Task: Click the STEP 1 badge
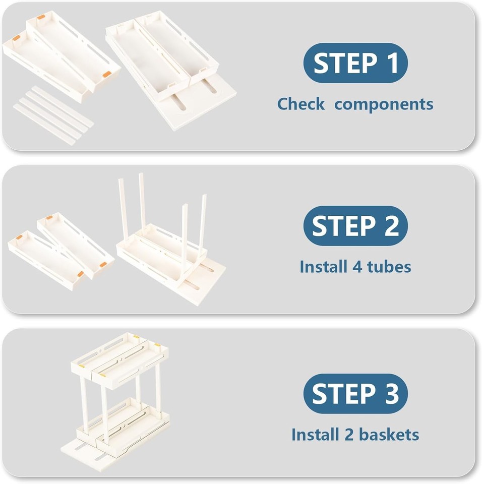click(355, 63)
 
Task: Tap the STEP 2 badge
click(355, 226)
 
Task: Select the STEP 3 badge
click(355, 394)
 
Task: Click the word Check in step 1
click(301, 104)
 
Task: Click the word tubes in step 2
click(389, 266)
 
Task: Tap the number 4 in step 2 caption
click(357, 267)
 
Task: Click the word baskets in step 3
click(389, 434)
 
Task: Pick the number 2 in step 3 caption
click(349, 435)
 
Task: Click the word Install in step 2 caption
click(323, 266)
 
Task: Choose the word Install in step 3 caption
click(315, 434)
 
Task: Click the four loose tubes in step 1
click(53, 115)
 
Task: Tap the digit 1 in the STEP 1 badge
click(392, 63)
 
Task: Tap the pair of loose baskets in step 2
click(61, 251)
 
